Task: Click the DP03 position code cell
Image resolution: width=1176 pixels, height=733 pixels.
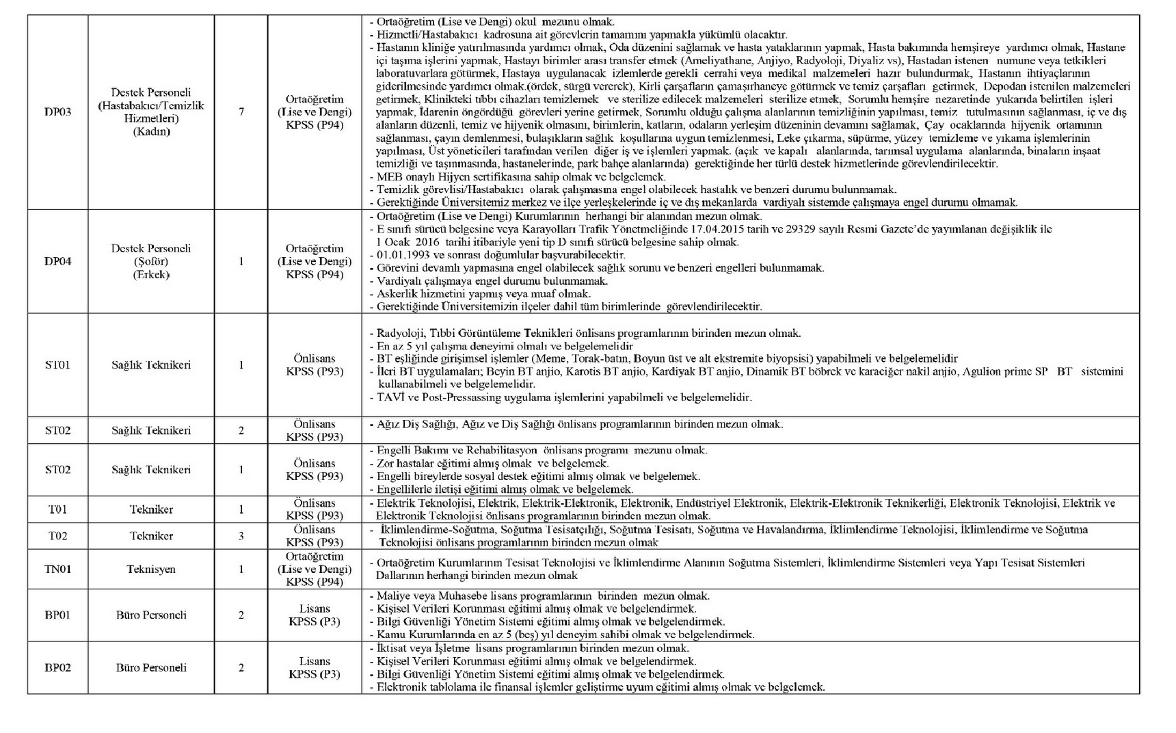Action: pos(57,112)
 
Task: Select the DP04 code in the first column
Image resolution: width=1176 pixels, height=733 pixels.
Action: pos(57,261)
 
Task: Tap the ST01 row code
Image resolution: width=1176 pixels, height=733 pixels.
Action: pos(57,365)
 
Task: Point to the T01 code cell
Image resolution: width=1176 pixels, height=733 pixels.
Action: pos(57,509)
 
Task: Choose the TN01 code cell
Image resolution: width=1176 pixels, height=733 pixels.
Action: pos(57,569)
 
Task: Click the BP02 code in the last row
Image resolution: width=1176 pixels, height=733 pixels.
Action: pos(57,667)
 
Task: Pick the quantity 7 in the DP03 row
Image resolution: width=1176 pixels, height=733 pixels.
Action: pos(241,112)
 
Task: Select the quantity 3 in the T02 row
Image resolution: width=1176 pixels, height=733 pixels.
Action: pos(241,536)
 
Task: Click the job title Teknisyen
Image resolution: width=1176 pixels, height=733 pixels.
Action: pos(151,569)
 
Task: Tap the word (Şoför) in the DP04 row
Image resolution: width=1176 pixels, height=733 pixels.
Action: pos(151,261)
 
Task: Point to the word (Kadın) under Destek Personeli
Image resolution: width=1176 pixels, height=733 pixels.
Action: pos(151,131)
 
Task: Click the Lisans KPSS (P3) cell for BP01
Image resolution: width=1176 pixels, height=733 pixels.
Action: pos(315,615)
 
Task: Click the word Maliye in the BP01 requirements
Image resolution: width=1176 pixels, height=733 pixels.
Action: pos(392,596)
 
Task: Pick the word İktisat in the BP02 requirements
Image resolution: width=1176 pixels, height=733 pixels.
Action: pos(392,648)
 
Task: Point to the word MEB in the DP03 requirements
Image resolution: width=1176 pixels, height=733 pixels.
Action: pos(388,177)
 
